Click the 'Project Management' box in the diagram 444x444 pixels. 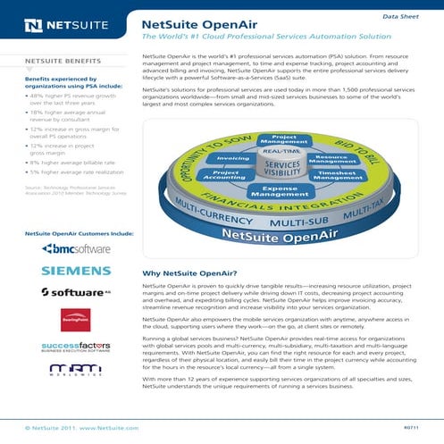pos(278,140)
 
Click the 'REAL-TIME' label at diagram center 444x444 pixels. pos(280,153)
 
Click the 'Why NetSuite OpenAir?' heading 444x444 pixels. pos(187,272)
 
